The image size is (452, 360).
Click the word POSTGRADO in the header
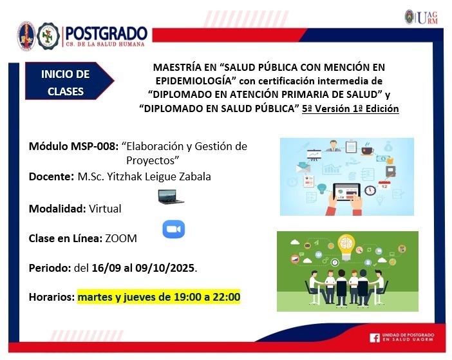[x=106, y=33]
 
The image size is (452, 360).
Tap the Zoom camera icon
[x=174, y=229]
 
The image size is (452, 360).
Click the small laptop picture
[x=171, y=197]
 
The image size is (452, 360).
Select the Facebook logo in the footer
[x=375, y=337]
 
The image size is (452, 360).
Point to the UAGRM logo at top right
[x=422, y=17]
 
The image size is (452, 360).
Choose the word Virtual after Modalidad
[x=105, y=209]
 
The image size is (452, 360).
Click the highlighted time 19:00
[x=187, y=297]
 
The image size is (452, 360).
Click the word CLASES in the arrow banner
[x=66, y=91]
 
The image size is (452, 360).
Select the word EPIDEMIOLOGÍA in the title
[x=194, y=81]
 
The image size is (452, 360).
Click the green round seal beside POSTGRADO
[x=49, y=36]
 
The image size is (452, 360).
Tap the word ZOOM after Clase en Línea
[x=121, y=239]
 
